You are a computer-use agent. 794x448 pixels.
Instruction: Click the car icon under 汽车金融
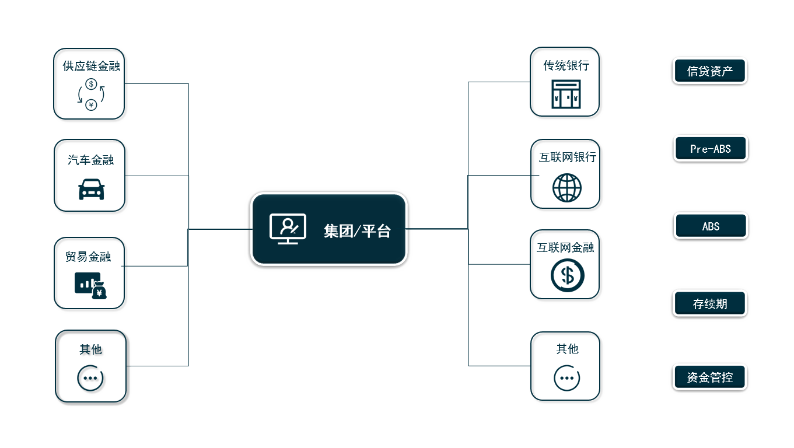pyautogui.click(x=92, y=190)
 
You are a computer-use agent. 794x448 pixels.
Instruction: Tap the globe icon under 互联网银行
pyautogui.click(x=567, y=188)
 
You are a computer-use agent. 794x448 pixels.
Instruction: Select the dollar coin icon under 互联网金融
pyautogui.click(x=568, y=275)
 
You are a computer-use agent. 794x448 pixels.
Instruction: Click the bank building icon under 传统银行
pyautogui.click(x=566, y=94)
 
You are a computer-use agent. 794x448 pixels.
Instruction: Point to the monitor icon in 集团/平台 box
pyautogui.click(x=288, y=229)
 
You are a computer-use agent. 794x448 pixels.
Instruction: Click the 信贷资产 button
pyautogui.click(x=710, y=71)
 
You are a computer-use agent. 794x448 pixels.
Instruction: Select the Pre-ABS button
pyautogui.click(x=711, y=149)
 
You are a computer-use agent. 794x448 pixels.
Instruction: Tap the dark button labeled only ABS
pyautogui.click(x=711, y=226)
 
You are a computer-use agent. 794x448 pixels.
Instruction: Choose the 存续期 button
pyautogui.click(x=710, y=303)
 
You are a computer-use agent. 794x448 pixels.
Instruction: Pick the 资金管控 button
pyautogui.click(x=710, y=377)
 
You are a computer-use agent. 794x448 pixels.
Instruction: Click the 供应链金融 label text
pyautogui.click(x=92, y=66)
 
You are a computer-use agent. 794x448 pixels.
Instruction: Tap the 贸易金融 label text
pyautogui.click(x=88, y=257)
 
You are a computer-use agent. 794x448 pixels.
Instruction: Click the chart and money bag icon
pyautogui.click(x=91, y=286)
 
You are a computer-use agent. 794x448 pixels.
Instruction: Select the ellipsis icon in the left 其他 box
pyautogui.click(x=90, y=378)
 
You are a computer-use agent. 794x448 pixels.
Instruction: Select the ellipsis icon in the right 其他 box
pyautogui.click(x=567, y=378)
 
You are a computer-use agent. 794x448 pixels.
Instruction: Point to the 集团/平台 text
pyautogui.click(x=357, y=231)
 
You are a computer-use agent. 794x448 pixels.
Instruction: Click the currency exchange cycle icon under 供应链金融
pyautogui.click(x=91, y=94)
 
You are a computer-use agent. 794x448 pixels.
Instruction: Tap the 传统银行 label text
pyautogui.click(x=566, y=65)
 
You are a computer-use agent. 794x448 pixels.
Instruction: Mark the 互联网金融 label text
pyautogui.click(x=565, y=247)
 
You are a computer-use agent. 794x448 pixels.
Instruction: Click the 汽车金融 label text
pyautogui.click(x=91, y=160)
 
